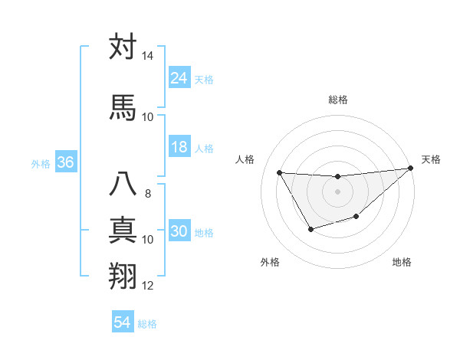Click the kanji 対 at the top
pyautogui.click(x=123, y=47)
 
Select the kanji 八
pyautogui.click(x=123, y=185)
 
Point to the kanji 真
pyautogui.click(x=123, y=231)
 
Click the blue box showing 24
pyautogui.click(x=179, y=77)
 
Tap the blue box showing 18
pyautogui.click(x=179, y=147)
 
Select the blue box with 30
pyautogui.click(x=179, y=231)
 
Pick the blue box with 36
pyautogui.click(x=65, y=162)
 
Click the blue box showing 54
pyautogui.click(x=123, y=322)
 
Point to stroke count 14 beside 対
pyautogui.click(x=147, y=57)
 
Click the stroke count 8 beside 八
pyautogui.click(x=147, y=193)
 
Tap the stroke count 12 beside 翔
pyautogui.click(x=147, y=286)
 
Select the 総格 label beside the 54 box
pyautogui.click(x=147, y=324)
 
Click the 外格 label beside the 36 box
pyautogui.click(x=40, y=164)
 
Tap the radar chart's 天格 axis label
pyautogui.click(x=431, y=159)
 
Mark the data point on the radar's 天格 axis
pyautogui.click(x=412, y=168)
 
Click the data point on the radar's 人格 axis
pyautogui.click(x=279, y=172)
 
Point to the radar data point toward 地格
pyautogui.click(x=356, y=218)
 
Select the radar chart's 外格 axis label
pyautogui.click(x=270, y=262)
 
